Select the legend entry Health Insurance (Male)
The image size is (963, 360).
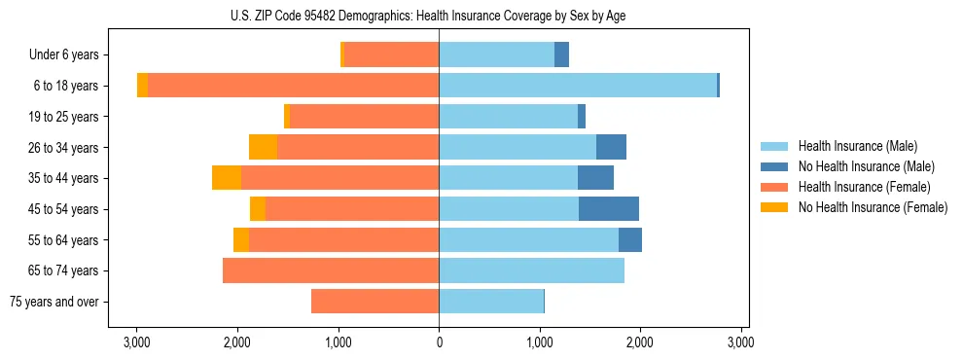tap(857, 146)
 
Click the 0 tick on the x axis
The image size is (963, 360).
tap(439, 342)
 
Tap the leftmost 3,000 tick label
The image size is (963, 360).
tap(137, 342)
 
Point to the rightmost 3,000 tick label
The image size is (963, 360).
tap(740, 342)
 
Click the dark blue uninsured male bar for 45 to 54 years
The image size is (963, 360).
tap(609, 209)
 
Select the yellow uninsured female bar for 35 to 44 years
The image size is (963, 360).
tap(227, 178)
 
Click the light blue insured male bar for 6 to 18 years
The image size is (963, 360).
tap(578, 86)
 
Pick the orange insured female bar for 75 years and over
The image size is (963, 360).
tap(374, 302)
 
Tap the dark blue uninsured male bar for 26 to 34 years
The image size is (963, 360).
tap(611, 147)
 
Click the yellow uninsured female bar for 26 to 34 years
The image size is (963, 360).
tap(264, 147)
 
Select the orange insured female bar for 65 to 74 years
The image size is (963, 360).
tap(331, 270)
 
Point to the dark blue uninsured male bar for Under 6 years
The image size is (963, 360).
tap(561, 55)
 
